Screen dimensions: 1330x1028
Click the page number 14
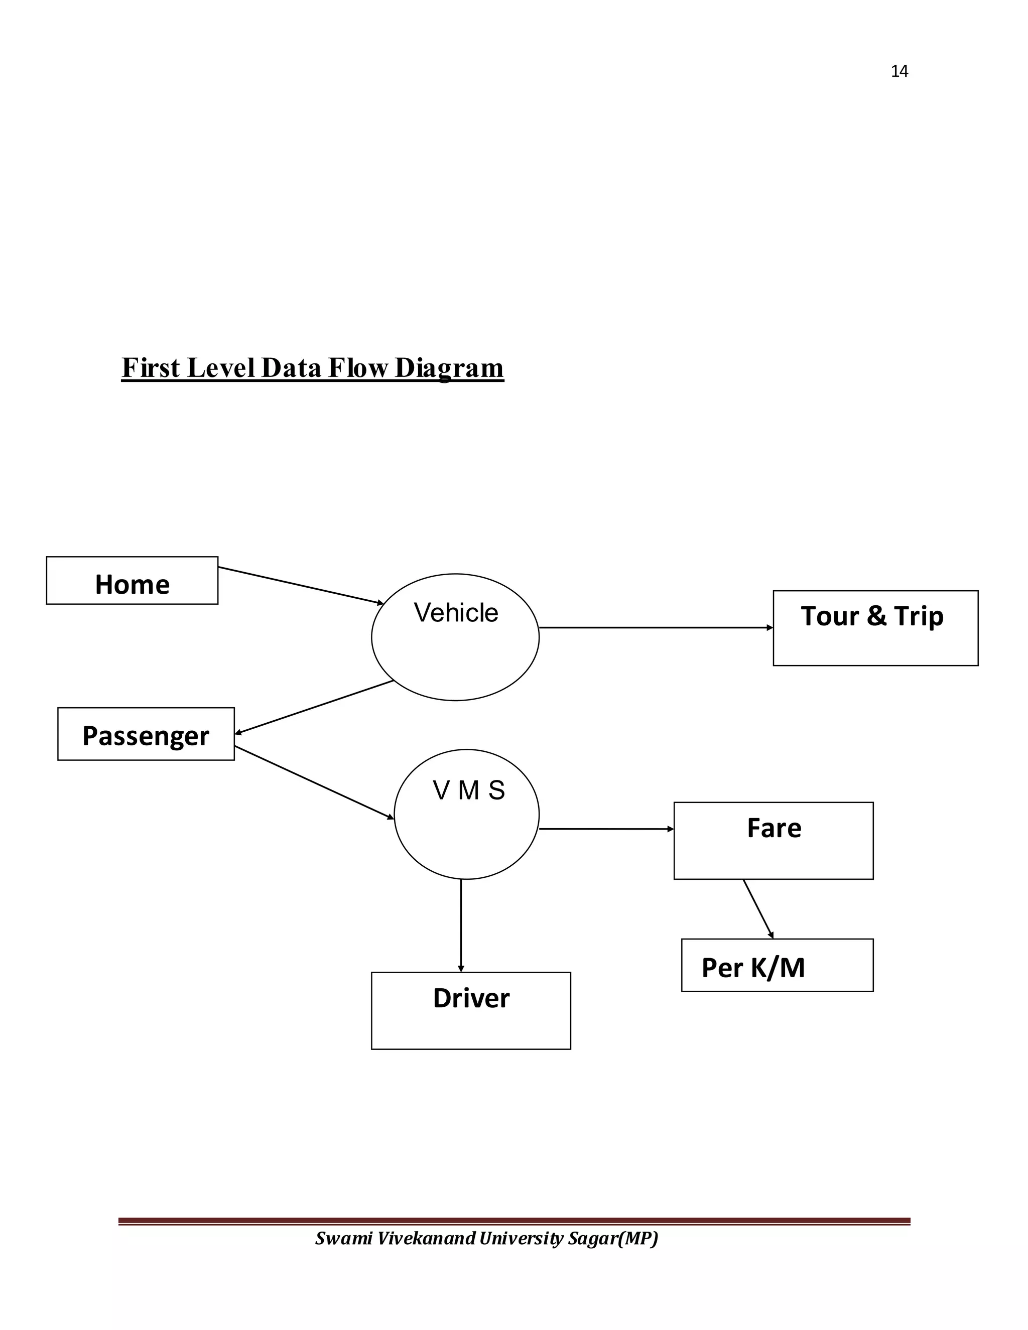(x=899, y=71)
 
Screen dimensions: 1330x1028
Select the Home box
(x=132, y=580)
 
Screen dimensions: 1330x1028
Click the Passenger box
(x=146, y=734)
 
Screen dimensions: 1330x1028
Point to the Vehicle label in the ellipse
(x=456, y=613)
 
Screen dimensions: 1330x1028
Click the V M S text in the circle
(x=468, y=790)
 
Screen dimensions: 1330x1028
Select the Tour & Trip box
(x=875, y=628)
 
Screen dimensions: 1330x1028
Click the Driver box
(x=471, y=1010)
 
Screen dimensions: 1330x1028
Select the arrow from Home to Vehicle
(x=300, y=585)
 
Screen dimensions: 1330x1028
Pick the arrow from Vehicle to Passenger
(x=314, y=707)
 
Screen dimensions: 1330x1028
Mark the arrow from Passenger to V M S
(x=314, y=782)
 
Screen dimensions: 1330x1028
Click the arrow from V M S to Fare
(x=606, y=829)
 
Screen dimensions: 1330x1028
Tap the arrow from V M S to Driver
(x=461, y=925)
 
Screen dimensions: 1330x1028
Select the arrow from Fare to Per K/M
(x=757, y=908)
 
